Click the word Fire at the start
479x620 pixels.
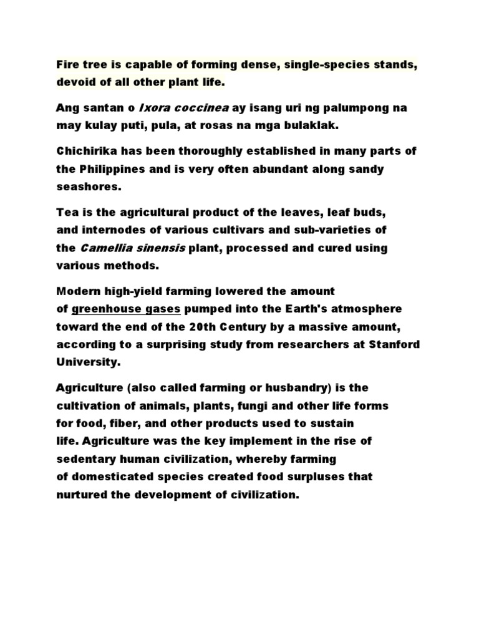[67, 64]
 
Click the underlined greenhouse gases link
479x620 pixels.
[127, 309]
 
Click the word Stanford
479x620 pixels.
[392, 344]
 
